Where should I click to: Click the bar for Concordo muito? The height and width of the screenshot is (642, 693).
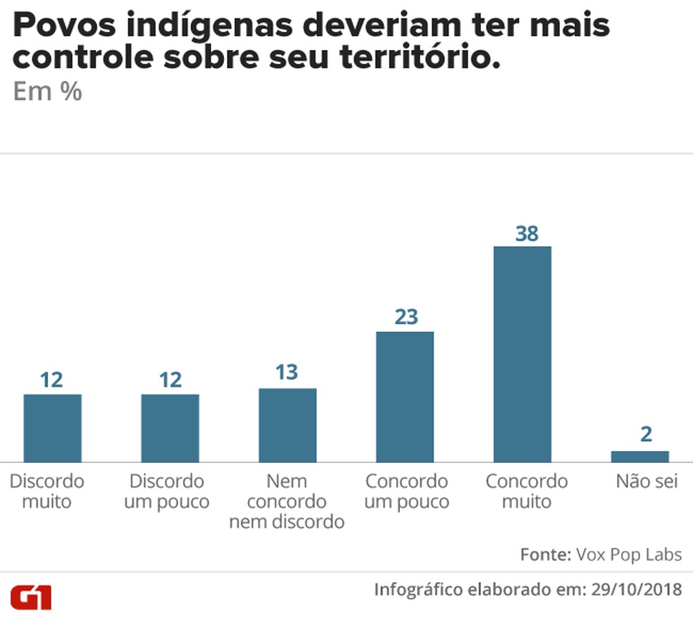pyautogui.click(x=522, y=354)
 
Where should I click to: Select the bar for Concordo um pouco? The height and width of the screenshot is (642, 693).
pyautogui.click(x=404, y=397)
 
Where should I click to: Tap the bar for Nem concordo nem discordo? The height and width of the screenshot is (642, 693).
pyautogui.click(x=287, y=425)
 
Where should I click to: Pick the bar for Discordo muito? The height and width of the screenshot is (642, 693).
pyautogui.click(x=52, y=428)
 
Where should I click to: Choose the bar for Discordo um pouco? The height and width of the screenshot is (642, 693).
pyautogui.click(x=170, y=428)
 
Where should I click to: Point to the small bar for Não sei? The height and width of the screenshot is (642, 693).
pyautogui.click(x=639, y=457)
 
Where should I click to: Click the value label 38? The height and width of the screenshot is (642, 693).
pyautogui.click(x=526, y=233)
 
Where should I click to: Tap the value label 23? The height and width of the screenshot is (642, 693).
pyautogui.click(x=406, y=317)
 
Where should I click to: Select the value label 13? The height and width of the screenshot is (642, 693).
pyautogui.click(x=287, y=372)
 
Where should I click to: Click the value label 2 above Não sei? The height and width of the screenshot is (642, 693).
pyautogui.click(x=646, y=434)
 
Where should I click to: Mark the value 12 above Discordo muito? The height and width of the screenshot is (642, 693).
pyautogui.click(x=51, y=380)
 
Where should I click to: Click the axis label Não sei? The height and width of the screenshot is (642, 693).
pyautogui.click(x=647, y=482)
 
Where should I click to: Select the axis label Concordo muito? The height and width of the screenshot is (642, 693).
pyautogui.click(x=526, y=491)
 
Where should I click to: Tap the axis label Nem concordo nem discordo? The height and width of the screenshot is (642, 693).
pyautogui.click(x=287, y=501)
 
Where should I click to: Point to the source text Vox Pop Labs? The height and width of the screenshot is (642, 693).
pyautogui.click(x=629, y=555)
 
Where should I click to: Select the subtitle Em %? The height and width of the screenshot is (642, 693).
pyautogui.click(x=47, y=92)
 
